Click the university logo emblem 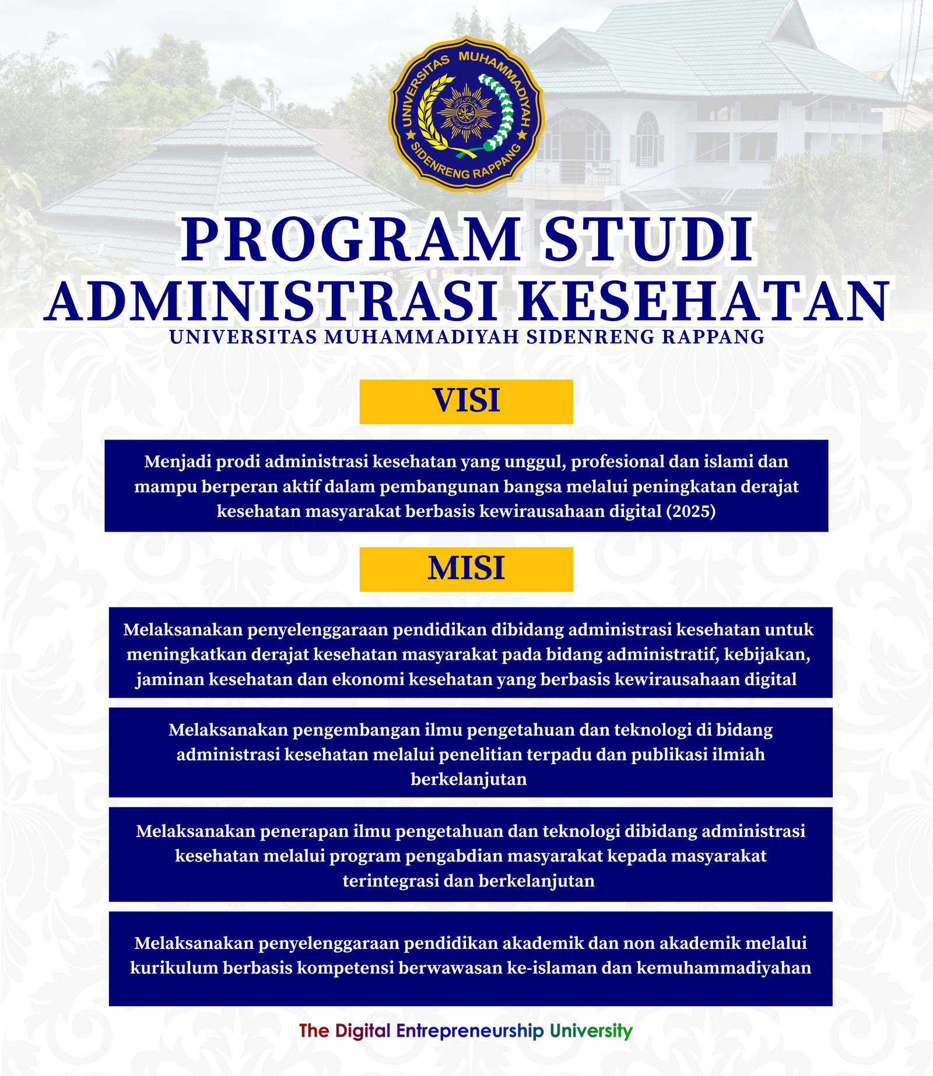pos(466,114)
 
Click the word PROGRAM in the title pos(350,240)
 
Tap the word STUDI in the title pos(649,240)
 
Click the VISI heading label pos(466,401)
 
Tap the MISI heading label pos(466,569)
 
